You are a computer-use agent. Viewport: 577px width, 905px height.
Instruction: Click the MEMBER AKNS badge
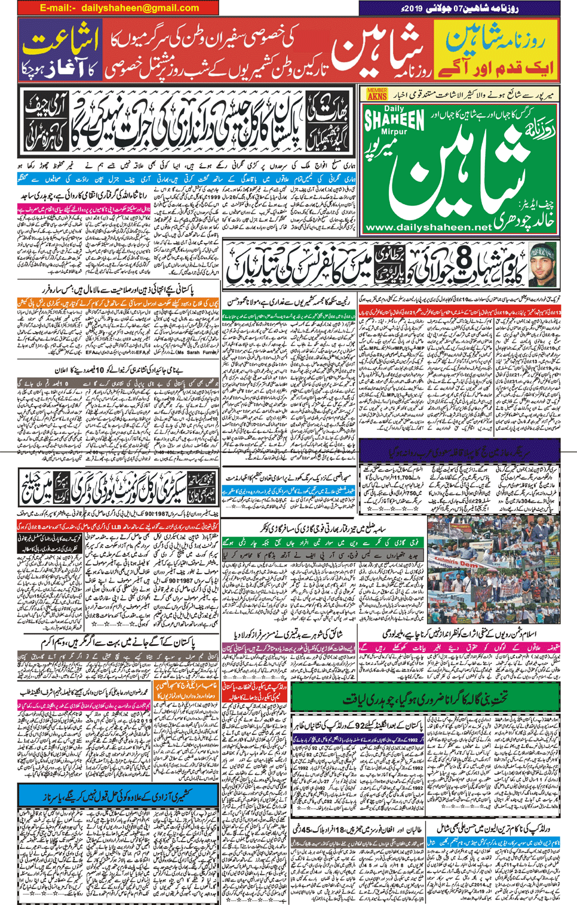point(377,94)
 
